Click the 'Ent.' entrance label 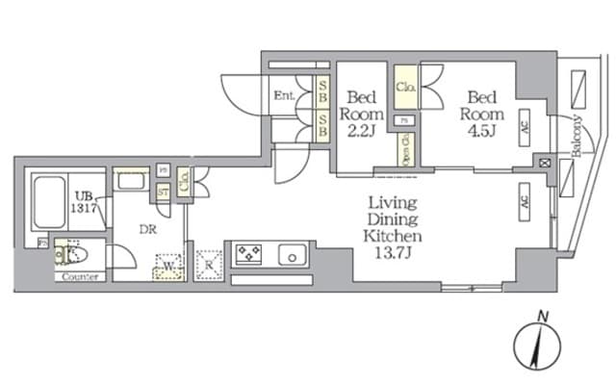pos(284,95)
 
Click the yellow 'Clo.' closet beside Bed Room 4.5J pos(405,89)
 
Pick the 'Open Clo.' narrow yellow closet pos(405,148)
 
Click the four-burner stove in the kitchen pos(248,255)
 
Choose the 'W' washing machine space pos(169,265)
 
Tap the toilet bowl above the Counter pos(69,255)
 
